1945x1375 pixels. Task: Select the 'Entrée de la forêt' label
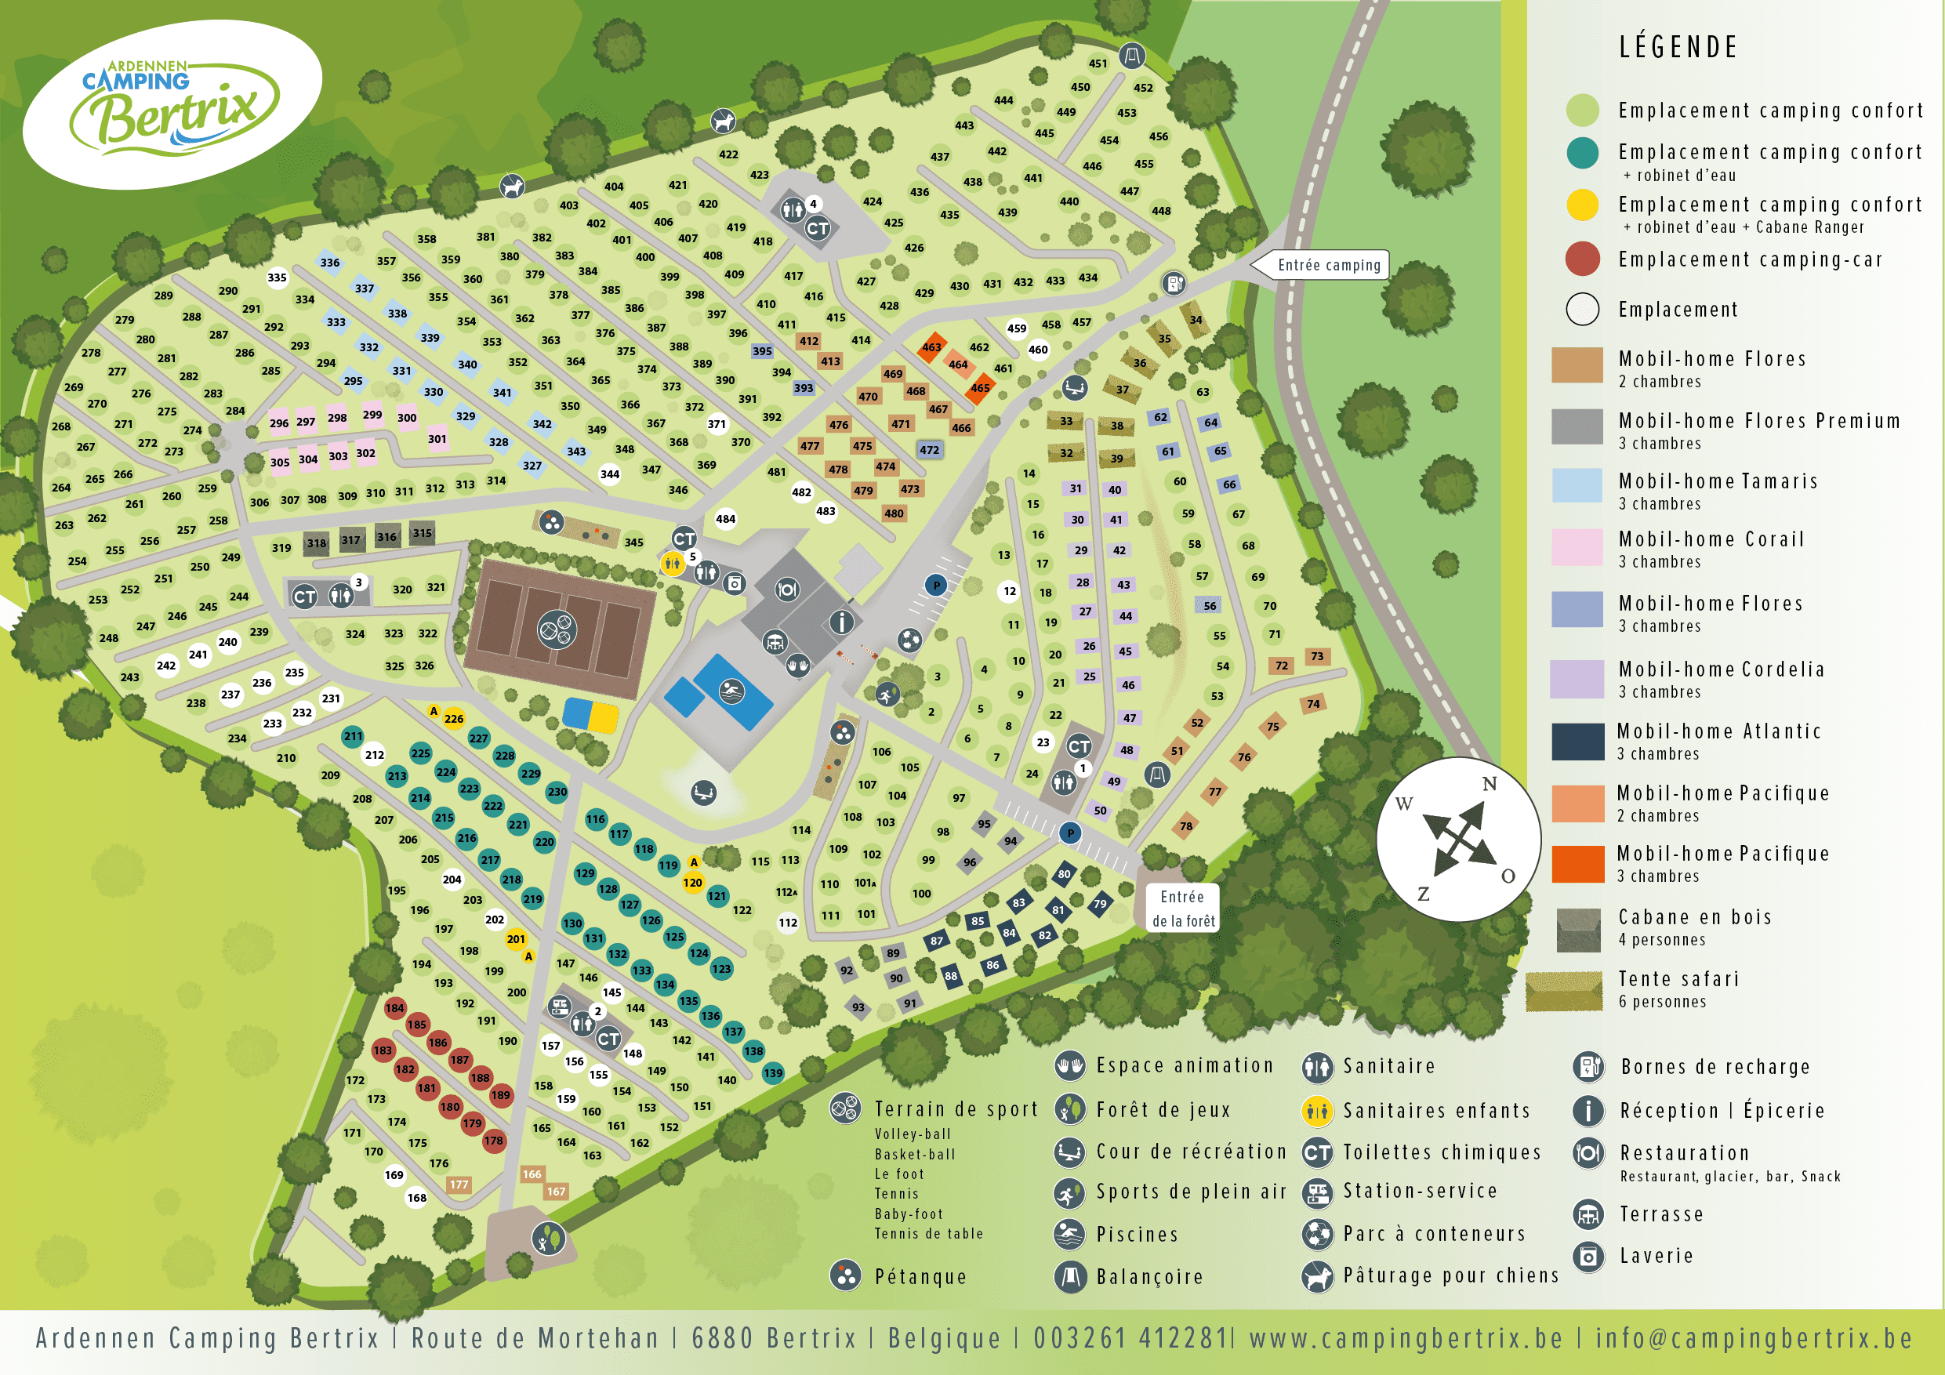[x=1182, y=909]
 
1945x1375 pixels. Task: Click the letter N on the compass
[x=1489, y=784]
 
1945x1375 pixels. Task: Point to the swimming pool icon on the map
[x=730, y=692]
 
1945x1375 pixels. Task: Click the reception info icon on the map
[x=841, y=622]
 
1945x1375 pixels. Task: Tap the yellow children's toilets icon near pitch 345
[x=672, y=563]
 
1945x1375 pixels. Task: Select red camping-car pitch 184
[x=395, y=1008]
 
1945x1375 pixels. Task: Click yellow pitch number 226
[x=454, y=718]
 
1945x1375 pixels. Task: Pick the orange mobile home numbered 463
[x=932, y=347]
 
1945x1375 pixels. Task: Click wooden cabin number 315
[x=422, y=533]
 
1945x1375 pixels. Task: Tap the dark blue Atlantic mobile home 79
[x=1100, y=904]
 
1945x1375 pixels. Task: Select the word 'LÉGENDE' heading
[x=1678, y=48]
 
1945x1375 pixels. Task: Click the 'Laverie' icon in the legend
[x=1588, y=1256]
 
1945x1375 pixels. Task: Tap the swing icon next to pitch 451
[x=1132, y=56]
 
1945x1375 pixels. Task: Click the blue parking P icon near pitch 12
[x=936, y=585]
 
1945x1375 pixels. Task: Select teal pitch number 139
[x=772, y=1072]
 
